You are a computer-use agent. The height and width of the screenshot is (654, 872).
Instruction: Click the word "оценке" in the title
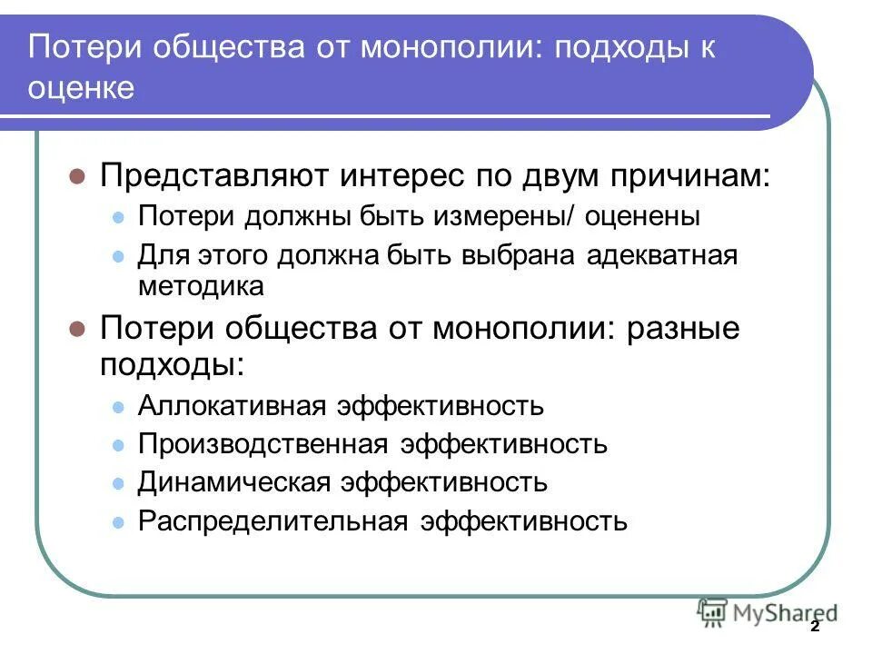82,89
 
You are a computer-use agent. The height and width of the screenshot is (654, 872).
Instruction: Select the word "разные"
684,328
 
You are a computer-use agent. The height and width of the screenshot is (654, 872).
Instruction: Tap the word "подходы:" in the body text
172,364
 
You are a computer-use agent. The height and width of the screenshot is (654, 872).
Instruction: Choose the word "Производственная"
261,444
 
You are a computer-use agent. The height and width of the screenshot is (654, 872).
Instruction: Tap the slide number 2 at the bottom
814,628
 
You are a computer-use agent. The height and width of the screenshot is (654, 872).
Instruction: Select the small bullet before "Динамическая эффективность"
117,483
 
